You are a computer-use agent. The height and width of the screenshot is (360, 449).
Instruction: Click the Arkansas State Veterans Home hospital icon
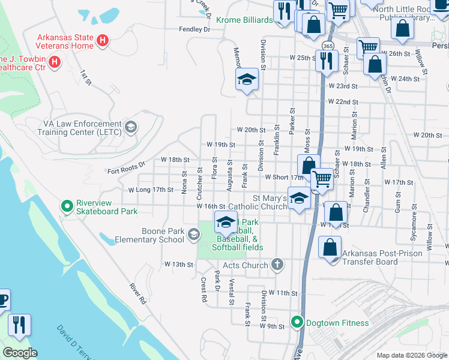(x=103, y=41)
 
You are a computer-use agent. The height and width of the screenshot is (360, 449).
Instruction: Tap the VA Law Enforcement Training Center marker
(x=131, y=127)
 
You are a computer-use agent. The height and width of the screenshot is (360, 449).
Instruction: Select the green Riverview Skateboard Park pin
(x=67, y=206)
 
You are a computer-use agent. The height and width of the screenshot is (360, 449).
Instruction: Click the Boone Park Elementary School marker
(x=193, y=235)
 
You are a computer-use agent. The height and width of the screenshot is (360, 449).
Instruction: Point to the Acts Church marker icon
(x=277, y=264)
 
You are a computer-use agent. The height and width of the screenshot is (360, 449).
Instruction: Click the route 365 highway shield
(x=327, y=46)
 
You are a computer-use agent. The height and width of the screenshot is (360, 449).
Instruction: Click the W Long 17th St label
(x=151, y=190)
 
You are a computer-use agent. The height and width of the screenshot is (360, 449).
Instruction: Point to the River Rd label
(x=138, y=293)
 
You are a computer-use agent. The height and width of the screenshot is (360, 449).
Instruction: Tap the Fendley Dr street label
(x=194, y=29)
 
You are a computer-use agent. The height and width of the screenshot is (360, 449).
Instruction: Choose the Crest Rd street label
(x=204, y=289)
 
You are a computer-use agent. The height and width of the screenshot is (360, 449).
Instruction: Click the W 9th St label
(x=272, y=326)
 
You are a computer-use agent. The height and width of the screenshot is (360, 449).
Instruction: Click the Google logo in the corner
(x=20, y=353)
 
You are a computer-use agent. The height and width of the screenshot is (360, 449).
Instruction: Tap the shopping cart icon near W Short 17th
(x=322, y=179)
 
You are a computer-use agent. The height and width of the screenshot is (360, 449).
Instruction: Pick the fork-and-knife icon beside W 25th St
(x=326, y=61)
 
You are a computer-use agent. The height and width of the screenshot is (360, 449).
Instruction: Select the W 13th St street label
(x=179, y=264)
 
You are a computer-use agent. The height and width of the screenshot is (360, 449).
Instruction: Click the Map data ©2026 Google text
(x=411, y=355)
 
